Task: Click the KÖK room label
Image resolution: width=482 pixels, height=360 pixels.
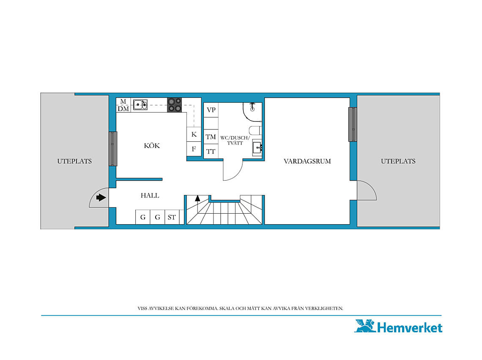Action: (152, 146)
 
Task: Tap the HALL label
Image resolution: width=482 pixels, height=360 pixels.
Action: (150, 195)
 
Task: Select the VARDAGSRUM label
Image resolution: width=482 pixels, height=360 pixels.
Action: (307, 161)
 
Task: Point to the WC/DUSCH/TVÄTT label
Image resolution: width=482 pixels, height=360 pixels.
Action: (235, 140)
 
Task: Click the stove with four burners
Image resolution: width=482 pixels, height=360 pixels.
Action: (174, 105)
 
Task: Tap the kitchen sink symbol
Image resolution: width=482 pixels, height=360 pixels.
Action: (140, 104)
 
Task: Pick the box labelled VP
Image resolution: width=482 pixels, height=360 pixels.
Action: (211, 110)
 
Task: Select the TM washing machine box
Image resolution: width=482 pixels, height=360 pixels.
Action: (211, 137)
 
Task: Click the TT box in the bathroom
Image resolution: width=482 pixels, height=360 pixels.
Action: (211, 151)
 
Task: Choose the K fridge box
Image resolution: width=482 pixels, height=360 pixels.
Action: (194, 135)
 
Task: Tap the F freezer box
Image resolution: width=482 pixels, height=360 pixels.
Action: (194, 149)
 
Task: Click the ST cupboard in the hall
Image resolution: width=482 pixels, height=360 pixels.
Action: (172, 217)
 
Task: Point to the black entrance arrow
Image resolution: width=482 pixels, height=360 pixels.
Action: (101, 197)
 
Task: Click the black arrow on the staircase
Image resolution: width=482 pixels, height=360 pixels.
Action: (197, 198)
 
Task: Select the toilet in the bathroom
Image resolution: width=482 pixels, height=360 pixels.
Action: (255, 130)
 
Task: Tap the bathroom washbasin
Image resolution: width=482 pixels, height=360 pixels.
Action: (257, 148)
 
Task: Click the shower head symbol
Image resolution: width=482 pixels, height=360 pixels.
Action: (252, 107)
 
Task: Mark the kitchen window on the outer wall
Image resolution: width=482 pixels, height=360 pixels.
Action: (113, 149)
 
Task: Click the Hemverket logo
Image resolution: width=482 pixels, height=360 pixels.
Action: (398, 327)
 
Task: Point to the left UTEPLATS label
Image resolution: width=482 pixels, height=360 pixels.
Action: (74, 161)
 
